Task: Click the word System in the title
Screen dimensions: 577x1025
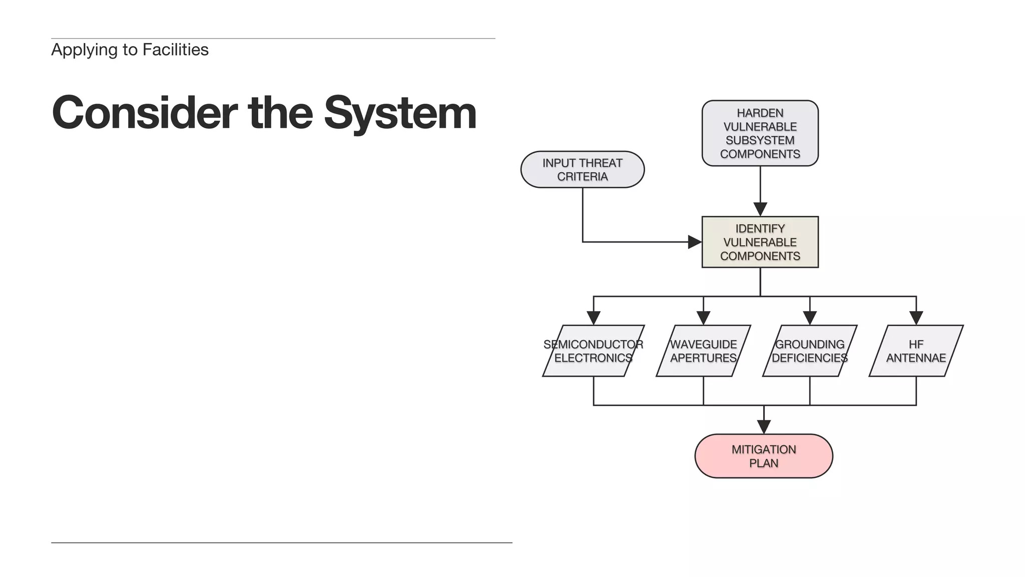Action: [400, 113]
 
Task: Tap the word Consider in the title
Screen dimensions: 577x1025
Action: [145, 113]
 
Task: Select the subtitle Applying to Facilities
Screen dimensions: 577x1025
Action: [130, 50]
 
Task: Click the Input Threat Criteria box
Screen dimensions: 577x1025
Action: [582, 170]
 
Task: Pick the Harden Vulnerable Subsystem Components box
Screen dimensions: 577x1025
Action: [760, 133]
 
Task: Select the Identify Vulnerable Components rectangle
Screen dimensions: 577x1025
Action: [760, 242]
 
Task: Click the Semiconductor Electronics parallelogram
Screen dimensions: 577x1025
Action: [593, 351]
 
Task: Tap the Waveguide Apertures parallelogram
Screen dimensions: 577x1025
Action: [703, 351]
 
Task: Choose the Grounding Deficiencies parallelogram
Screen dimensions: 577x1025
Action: [809, 351]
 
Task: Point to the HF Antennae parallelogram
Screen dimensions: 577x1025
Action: [916, 351]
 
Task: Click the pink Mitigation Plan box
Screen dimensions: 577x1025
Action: [763, 456]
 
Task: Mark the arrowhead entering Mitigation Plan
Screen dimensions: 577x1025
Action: [763, 427]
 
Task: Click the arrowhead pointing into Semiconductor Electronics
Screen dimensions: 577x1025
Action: [593, 318]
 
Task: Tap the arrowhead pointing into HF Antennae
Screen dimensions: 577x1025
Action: [916, 318]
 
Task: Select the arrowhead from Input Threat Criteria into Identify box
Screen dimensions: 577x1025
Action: [695, 242]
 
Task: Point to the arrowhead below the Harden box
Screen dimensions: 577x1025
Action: [760, 209]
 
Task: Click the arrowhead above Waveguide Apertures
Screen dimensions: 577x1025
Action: [703, 318]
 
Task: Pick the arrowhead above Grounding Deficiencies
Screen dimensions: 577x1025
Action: [809, 318]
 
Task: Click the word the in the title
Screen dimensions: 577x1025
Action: [280, 113]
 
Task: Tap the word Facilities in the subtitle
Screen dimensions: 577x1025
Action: [175, 50]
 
